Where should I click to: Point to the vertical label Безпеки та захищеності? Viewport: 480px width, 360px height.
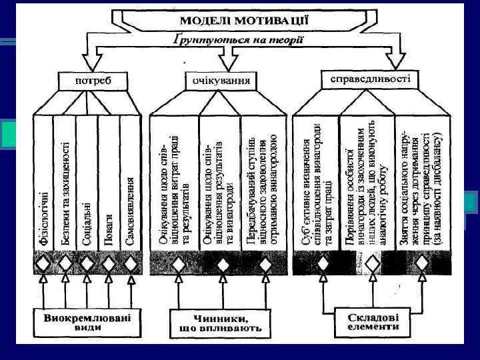pos(65,193)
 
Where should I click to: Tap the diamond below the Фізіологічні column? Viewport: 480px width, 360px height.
pos(43,263)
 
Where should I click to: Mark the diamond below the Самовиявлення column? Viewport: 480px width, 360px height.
pos(131,263)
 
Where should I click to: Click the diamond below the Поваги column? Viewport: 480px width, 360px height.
pos(109,263)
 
